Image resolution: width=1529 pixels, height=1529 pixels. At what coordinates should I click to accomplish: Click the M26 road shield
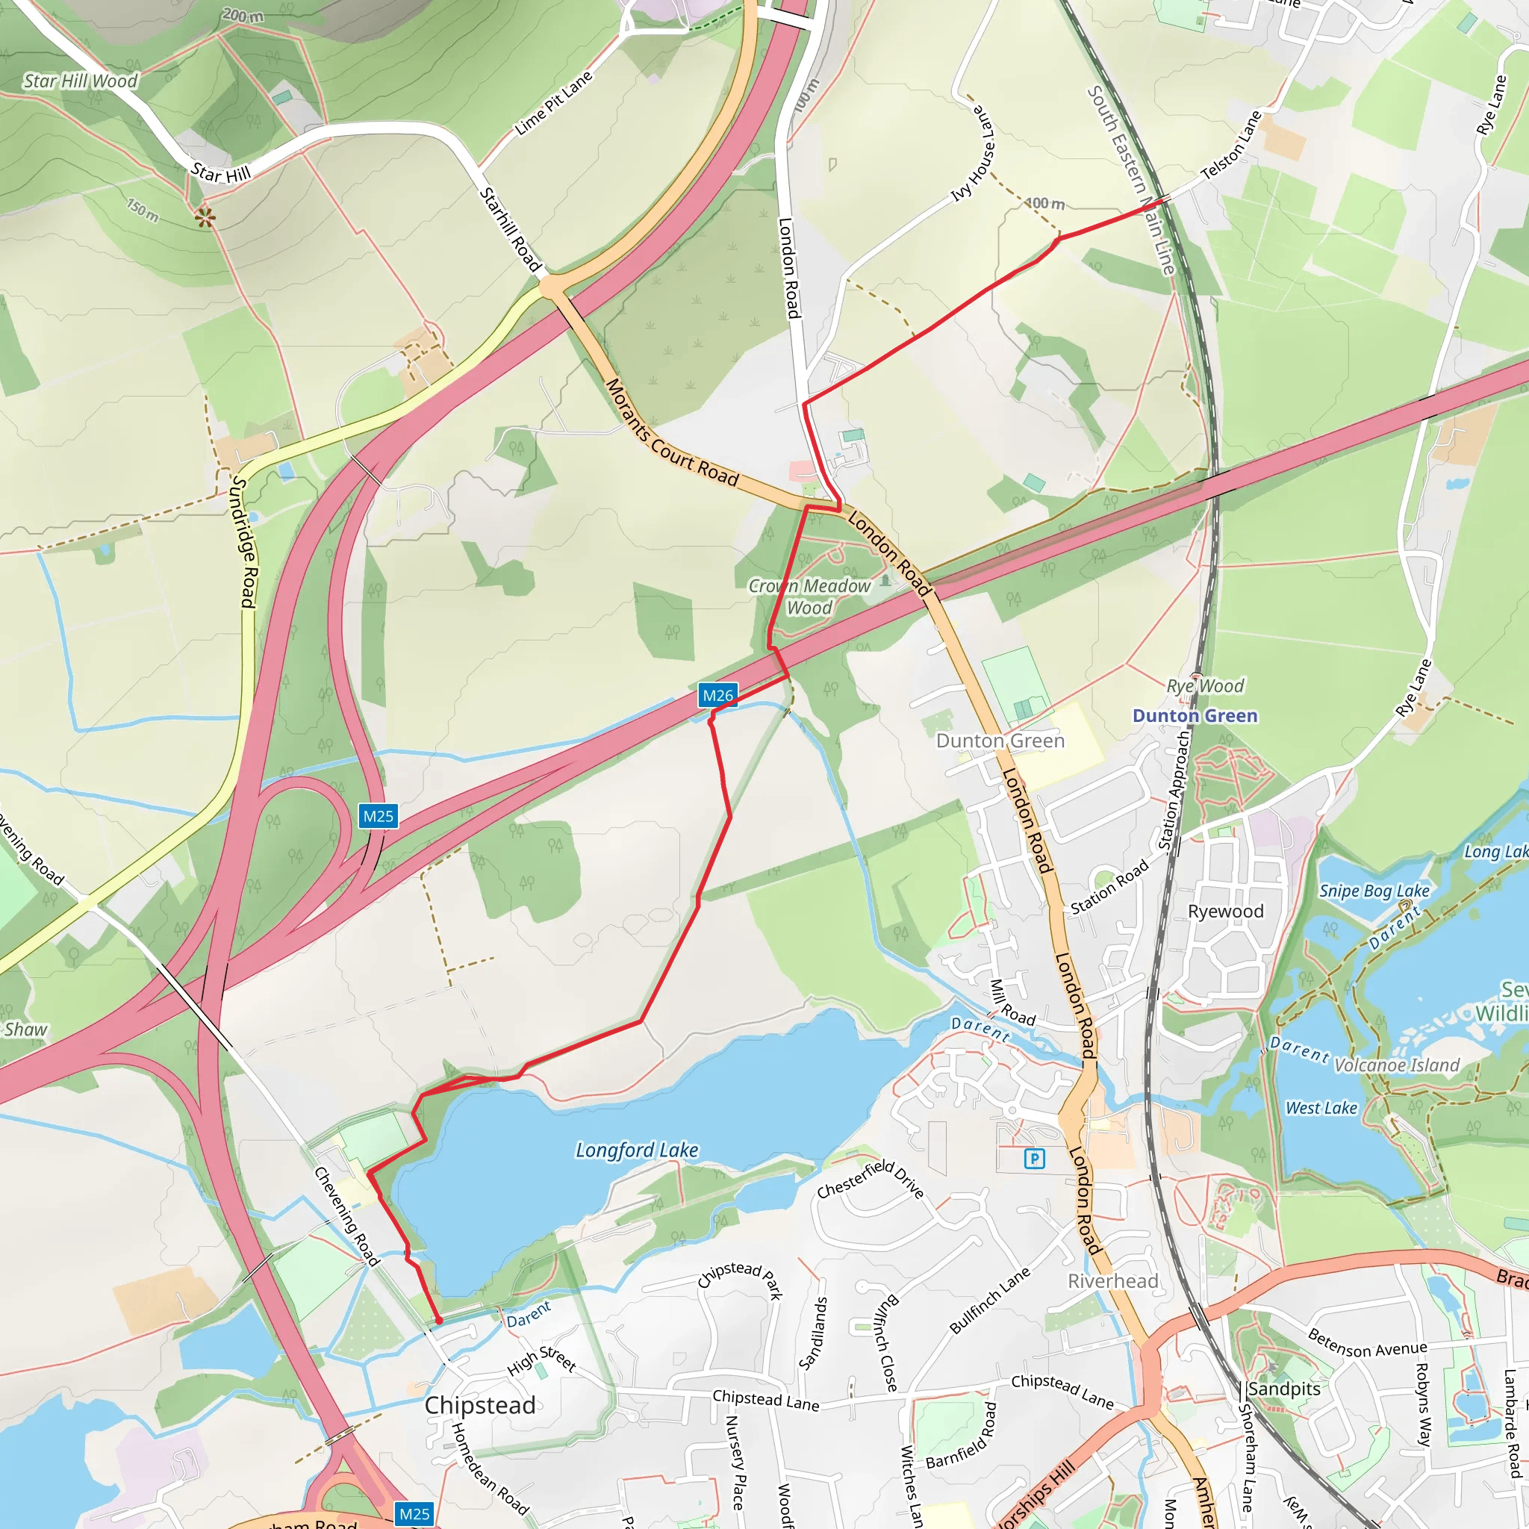click(717, 696)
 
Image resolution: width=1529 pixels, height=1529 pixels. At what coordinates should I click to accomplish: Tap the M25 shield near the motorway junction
click(379, 816)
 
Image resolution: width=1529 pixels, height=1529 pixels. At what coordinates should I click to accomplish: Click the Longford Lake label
click(636, 1150)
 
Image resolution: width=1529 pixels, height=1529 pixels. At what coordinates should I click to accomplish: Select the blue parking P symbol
click(1034, 1159)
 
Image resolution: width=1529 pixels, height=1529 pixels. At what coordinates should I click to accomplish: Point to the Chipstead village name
click(479, 1405)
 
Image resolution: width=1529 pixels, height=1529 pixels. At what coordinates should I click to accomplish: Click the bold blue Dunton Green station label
click(1195, 715)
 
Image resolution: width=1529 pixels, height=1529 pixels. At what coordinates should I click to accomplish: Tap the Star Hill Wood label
click(81, 81)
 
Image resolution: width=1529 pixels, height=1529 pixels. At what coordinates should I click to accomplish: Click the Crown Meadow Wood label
click(809, 597)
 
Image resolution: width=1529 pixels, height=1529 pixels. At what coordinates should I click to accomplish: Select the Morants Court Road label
click(671, 434)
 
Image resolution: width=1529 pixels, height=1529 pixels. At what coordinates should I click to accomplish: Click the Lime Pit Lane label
click(553, 104)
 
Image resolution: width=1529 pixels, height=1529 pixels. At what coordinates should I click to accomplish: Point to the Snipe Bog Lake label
click(1374, 891)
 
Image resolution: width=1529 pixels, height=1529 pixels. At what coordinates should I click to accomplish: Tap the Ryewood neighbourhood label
click(1225, 911)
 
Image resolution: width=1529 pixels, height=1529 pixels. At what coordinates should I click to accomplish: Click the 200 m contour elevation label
click(242, 15)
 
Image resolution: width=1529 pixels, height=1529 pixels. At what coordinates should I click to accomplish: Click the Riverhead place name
click(1112, 1280)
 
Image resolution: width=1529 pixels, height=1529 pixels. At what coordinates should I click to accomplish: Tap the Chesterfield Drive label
click(870, 1178)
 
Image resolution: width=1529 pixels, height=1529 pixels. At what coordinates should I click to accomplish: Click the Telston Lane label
click(1230, 145)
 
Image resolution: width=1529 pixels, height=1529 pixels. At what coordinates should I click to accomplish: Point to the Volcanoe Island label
click(1397, 1065)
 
